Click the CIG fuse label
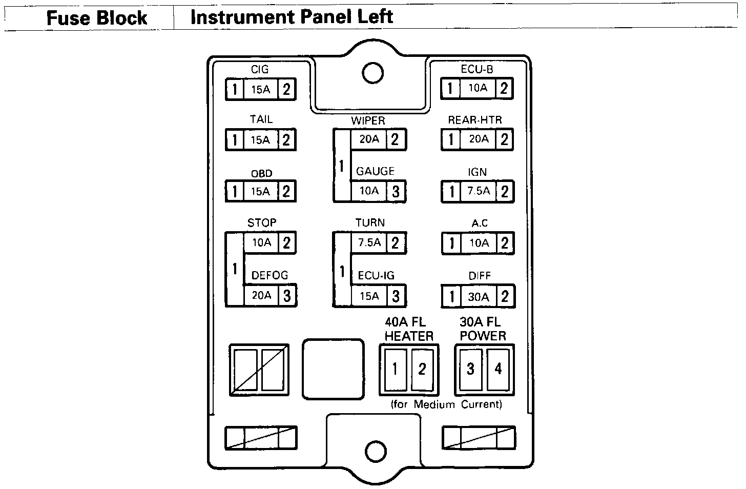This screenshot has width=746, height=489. (x=260, y=69)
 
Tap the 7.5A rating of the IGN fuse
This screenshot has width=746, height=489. (x=479, y=191)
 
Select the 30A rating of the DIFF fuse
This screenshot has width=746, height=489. (x=479, y=297)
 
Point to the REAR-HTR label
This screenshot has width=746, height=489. (x=475, y=120)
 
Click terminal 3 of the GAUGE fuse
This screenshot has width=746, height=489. (x=396, y=192)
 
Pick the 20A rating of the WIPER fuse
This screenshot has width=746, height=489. (x=369, y=139)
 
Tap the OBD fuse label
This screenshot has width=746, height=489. (x=261, y=174)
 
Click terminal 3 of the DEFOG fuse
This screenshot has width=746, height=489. (x=287, y=296)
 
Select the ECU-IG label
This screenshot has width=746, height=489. (x=376, y=276)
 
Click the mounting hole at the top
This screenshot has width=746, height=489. (x=372, y=73)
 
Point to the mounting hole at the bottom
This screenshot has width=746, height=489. (x=376, y=451)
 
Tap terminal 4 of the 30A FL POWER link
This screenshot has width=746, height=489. (x=498, y=369)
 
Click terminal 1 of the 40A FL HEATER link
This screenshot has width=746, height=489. (x=395, y=369)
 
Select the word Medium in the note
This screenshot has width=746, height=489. (x=434, y=404)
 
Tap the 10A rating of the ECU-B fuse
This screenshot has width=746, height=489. (x=478, y=88)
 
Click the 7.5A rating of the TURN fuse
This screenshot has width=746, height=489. (x=369, y=242)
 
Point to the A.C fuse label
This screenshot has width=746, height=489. (x=480, y=223)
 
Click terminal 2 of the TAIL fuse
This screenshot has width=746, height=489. (x=286, y=139)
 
